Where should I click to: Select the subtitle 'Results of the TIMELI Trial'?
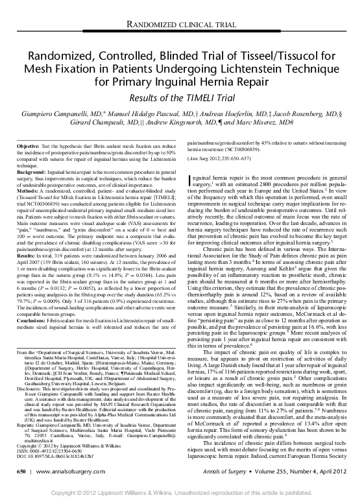click(x=181, y=96)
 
